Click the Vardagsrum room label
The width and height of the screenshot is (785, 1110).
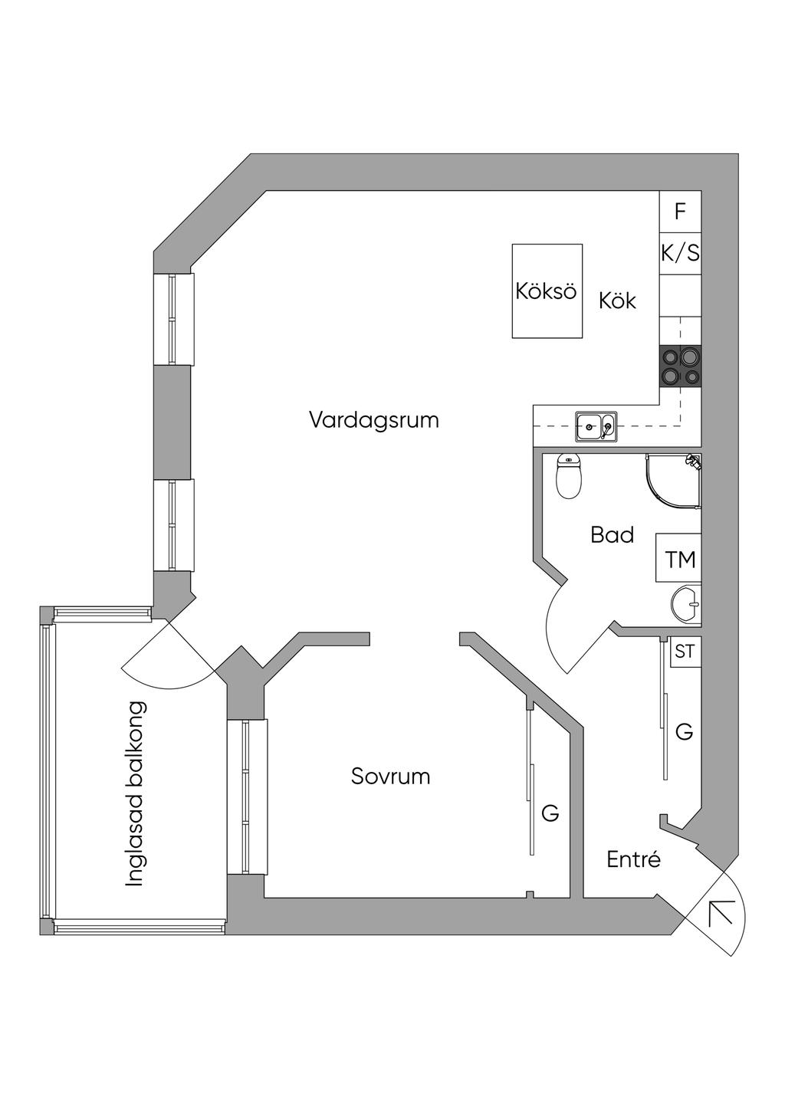(374, 420)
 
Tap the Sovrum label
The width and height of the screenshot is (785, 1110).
(390, 777)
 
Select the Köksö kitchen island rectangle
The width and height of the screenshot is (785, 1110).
(547, 291)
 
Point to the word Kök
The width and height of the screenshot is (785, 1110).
(617, 300)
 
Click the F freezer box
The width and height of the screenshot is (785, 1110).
(680, 212)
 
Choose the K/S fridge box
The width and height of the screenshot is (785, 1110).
(680, 253)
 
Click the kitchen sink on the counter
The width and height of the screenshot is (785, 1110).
(596, 427)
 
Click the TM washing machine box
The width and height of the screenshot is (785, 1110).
(679, 559)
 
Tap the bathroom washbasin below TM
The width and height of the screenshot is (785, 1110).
(686, 604)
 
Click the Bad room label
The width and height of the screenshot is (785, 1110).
(612, 534)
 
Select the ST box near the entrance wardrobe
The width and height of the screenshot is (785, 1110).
(685, 652)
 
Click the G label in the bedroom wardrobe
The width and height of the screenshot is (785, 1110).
(550, 813)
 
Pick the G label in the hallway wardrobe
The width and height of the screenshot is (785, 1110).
(684, 732)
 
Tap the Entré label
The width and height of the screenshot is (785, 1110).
(633, 859)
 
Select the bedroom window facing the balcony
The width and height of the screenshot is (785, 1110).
(247, 797)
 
